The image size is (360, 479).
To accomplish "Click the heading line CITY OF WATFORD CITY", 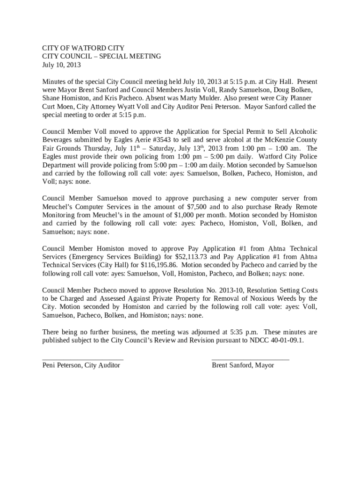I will pyautogui.click(x=83, y=48).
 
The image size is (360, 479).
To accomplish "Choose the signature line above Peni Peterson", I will pyautogui.click(x=83, y=359).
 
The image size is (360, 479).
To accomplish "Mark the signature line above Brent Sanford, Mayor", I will pyautogui.click(x=250, y=359).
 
